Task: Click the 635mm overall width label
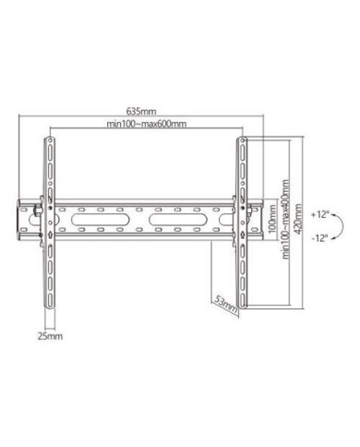(140, 116)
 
